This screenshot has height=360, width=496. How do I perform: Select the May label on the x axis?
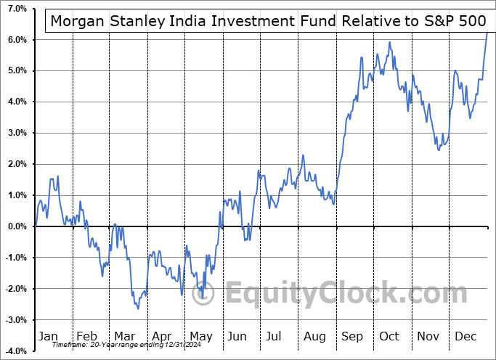pos(202,337)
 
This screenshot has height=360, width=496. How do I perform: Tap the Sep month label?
pos(352,337)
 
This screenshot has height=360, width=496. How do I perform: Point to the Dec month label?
pos(465,337)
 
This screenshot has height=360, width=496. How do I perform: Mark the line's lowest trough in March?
pos(138,309)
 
